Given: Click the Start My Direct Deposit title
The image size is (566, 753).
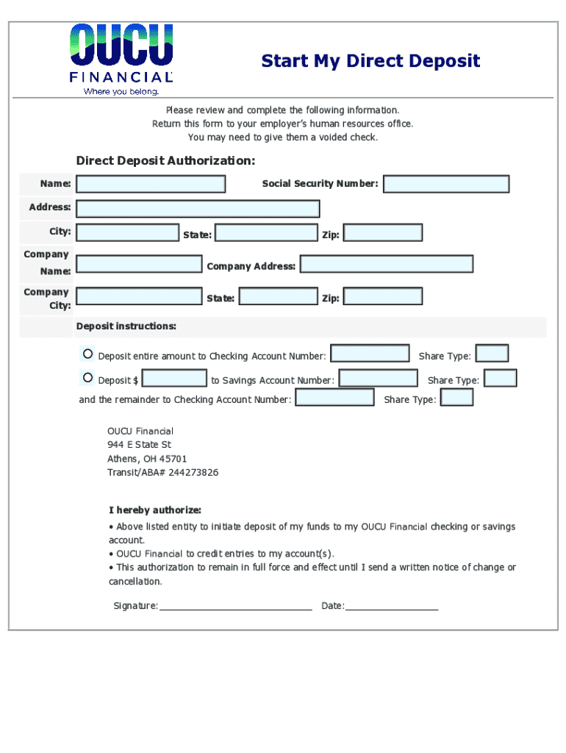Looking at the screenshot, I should [370, 61].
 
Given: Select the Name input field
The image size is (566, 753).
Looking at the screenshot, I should [151, 184].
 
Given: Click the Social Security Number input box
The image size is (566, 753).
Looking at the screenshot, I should [446, 184].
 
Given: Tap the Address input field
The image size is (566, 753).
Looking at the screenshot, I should [198, 209].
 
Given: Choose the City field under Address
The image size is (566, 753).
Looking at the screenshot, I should [127, 233].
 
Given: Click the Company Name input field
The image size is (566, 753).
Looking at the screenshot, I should [139, 264].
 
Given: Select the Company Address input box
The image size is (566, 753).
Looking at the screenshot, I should [387, 264].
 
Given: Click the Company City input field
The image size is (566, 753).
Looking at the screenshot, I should [139, 297].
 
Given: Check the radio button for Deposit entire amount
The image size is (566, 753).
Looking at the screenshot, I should [88, 354].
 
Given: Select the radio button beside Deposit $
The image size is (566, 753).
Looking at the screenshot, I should [88, 378].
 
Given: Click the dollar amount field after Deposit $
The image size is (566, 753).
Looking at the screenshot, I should [174, 379].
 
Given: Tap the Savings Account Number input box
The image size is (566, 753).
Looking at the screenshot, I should [378, 379].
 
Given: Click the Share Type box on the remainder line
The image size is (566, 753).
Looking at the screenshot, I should [456, 398].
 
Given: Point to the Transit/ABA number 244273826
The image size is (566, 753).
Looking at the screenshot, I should [162, 472].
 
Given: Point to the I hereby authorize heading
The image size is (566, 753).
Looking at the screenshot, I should [155, 510].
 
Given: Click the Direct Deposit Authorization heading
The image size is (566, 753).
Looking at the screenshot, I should [166, 161].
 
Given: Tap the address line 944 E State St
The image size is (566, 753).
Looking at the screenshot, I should [139, 445].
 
